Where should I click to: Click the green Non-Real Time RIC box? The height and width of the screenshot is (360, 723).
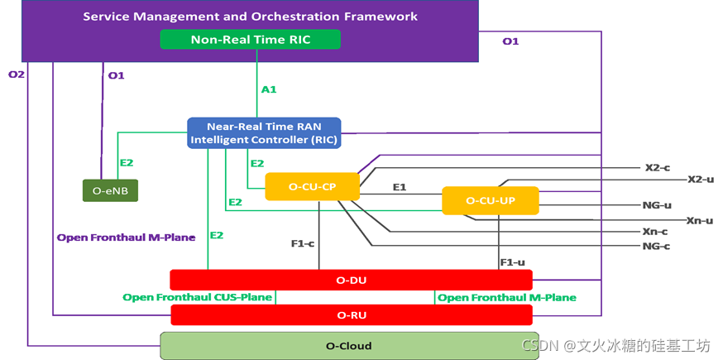pyautogui.click(x=250, y=39)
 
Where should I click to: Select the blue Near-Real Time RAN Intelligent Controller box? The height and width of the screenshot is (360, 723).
pyautogui.click(x=264, y=133)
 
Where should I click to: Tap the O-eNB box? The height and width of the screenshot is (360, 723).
pyautogui.click(x=110, y=190)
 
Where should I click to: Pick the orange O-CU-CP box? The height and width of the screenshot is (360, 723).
pyautogui.click(x=312, y=187)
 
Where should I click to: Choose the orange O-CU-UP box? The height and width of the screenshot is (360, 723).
pyautogui.click(x=490, y=200)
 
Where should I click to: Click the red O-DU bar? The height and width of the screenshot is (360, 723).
pyautogui.click(x=351, y=280)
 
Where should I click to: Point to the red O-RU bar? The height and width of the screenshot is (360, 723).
pyautogui.click(x=351, y=314)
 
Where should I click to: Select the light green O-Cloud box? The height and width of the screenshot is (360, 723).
pyautogui.click(x=350, y=345)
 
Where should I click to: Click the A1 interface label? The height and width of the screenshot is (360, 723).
pyautogui.click(x=268, y=89)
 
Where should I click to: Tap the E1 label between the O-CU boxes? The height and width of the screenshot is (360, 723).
pyautogui.click(x=400, y=187)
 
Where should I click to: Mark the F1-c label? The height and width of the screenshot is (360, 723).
pyautogui.click(x=302, y=243)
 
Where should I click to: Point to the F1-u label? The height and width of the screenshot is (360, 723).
pyautogui.click(x=512, y=262)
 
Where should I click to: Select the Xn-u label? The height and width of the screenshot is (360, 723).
pyautogui.click(x=699, y=220)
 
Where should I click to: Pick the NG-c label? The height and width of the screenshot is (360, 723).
pyautogui.click(x=656, y=246)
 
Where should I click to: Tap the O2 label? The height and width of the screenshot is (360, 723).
pyautogui.click(x=17, y=74)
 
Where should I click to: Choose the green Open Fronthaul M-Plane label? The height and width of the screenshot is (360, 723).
pyautogui.click(x=506, y=297)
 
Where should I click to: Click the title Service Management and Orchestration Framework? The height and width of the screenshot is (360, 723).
pyautogui.click(x=250, y=17)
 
